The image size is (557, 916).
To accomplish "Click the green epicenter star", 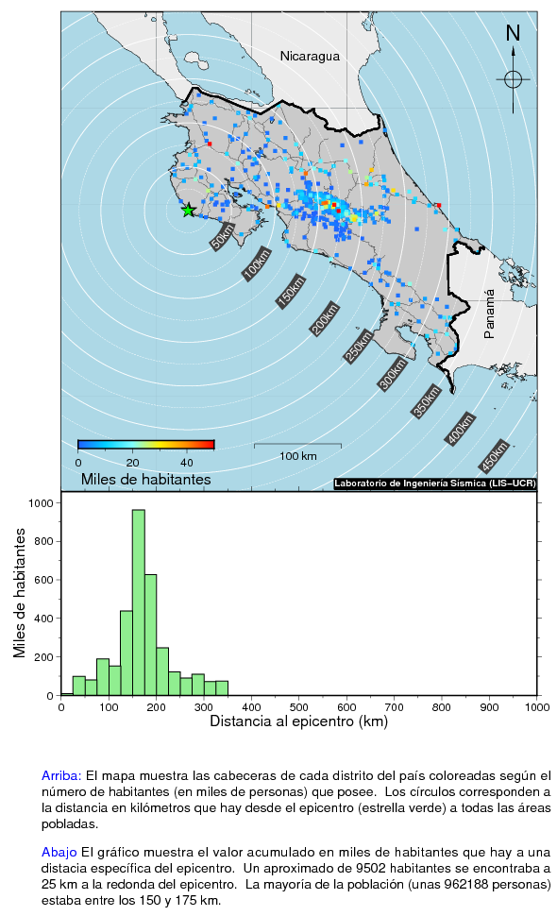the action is tap(188, 211).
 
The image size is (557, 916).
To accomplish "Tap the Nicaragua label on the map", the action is tap(310, 56).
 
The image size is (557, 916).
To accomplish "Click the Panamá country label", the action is tap(489, 314).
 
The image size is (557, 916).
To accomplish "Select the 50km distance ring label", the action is tap(223, 237).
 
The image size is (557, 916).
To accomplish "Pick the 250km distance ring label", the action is tap(359, 347).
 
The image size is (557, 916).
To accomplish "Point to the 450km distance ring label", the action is tap(494, 457).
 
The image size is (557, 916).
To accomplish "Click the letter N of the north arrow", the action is tap(513, 33).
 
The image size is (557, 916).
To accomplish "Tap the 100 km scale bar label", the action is tap(297, 456).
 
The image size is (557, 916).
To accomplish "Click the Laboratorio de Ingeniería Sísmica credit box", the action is tap(435, 483).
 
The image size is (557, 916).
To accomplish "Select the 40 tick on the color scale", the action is tap(186, 463).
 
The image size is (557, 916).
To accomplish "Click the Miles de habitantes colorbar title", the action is tap(146, 480).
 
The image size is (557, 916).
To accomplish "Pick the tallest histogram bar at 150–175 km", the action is tap(139, 602).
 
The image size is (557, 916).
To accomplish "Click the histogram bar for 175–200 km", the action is tap(151, 635).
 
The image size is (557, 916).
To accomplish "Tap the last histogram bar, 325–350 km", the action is tap(222, 688).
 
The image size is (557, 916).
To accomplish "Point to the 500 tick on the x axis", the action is tap(299, 707).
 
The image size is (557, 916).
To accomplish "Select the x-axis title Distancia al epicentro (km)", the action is tap(299, 721).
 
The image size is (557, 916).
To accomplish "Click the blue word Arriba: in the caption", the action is tap(61, 776).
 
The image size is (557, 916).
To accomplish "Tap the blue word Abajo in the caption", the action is tap(59, 853).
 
